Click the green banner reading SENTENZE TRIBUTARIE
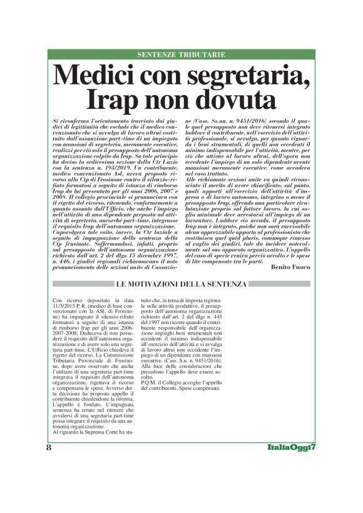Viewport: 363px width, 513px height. (x=181, y=55)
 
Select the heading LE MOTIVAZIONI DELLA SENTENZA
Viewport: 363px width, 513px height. (x=181, y=284)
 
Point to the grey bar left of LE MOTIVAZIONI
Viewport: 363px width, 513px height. (x=80, y=284)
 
